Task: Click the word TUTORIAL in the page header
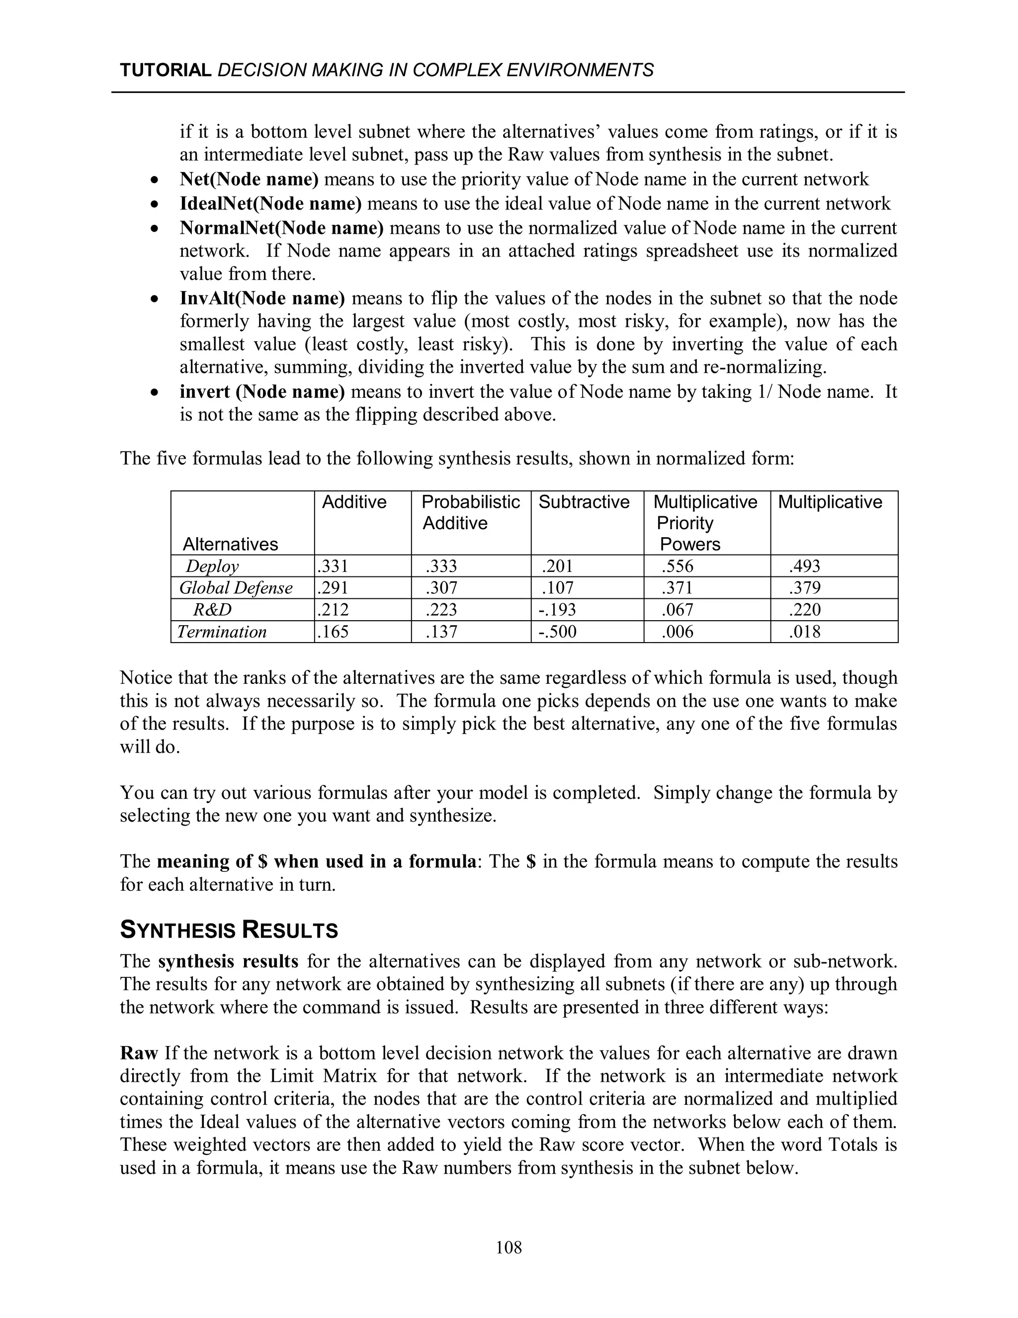pyautogui.click(x=165, y=71)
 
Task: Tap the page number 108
pyautogui.click(x=509, y=1247)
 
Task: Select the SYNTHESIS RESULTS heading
pyautogui.click(x=229, y=930)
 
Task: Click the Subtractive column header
pyautogui.click(x=583, y=502)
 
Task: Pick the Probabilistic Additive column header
pyautogui.click(x=470, y=512)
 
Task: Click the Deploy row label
pyautogui.click(x=212, y=566)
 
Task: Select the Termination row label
pyautogui.click(x=222, y=632)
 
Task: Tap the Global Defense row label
pyautogui.click(x=236, y=588)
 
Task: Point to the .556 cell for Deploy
pyautogui.click(x=678, y=566)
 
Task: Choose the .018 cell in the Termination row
pyautogui.click(x=805, y=632)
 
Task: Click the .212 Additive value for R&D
pyautogui.click(x=333, y=610)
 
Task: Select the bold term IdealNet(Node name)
pyautogui.click(x=270, y=203)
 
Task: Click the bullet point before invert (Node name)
pyautogui.click(x=156, y=393)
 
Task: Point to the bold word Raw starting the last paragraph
pyautogui.click(x=139, y=1053)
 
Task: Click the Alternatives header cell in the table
pyautogui.click(x=230, y=544)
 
